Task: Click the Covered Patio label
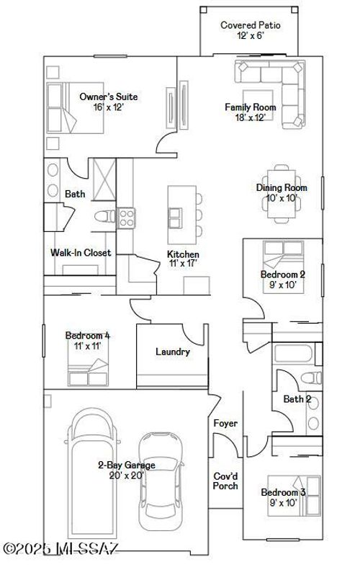click(250, 25)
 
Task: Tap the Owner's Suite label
click(108, 97)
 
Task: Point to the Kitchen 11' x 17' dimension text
click(183, 264)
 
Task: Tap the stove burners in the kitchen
click(127, 217)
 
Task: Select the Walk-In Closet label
click(81, 253)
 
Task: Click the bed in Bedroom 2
click(282, 254)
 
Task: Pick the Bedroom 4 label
click(88, 335)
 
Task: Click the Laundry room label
click(173, 352)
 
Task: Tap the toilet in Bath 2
click(310, 376)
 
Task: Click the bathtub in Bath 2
click(294, 354)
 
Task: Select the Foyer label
click(225, 424)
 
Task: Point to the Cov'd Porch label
click(225, 481)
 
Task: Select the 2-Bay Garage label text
click(126, 465)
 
